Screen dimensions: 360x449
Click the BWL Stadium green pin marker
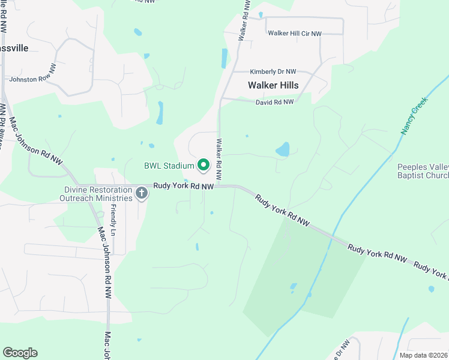203,164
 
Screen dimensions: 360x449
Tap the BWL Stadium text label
169,166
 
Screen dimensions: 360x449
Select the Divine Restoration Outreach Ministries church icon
142,193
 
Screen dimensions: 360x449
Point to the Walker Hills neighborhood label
273,85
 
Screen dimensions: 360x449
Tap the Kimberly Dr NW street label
273,71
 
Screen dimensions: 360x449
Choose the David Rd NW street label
274,102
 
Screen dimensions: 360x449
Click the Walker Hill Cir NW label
294,34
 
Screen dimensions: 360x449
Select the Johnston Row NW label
32,78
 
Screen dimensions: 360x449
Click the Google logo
20,352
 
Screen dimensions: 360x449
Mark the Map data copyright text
424,355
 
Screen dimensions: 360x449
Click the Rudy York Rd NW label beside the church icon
184,187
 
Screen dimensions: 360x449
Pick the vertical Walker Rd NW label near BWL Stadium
219,160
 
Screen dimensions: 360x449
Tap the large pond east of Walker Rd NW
282,149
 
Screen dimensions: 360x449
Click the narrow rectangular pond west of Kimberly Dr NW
224,58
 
